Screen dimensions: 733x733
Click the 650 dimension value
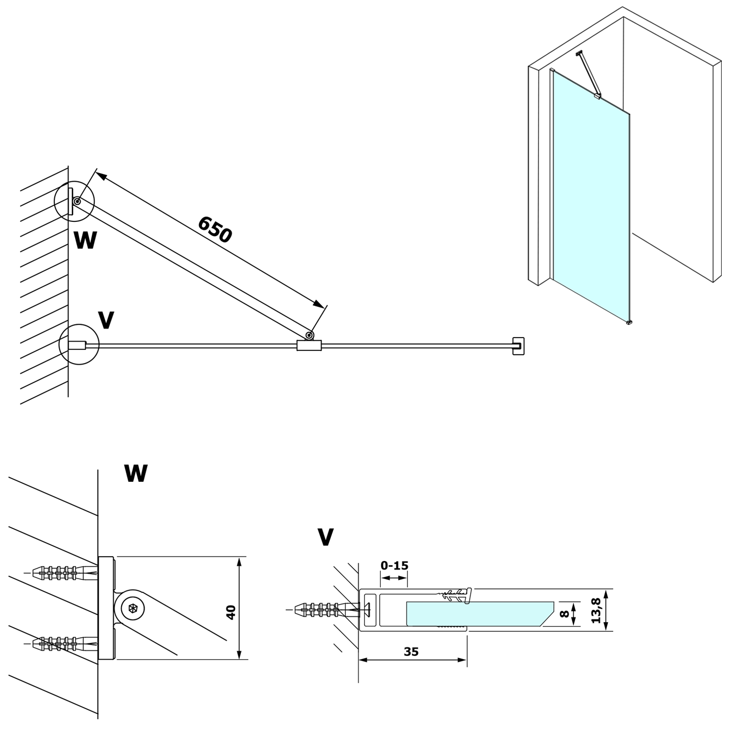[x=215, y=229]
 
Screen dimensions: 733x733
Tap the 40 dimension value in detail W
[x=231, y=612]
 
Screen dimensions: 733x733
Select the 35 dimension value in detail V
[x=412, y=651]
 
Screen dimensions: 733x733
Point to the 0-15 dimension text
[x=394, y=565]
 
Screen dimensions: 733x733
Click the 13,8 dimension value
[x=596, y=610]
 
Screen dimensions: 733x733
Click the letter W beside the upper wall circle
[x=85, y=240]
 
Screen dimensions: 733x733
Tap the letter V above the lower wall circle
[x=106, y=320]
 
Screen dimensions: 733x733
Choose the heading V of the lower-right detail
[x=325, y=537]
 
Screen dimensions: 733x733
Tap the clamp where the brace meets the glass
[x=309, y=345]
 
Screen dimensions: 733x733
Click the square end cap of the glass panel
[x=518, y=345]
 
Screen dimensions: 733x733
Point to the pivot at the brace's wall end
[x=77, y=200]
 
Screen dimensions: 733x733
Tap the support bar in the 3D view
[x=588, y=73]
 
